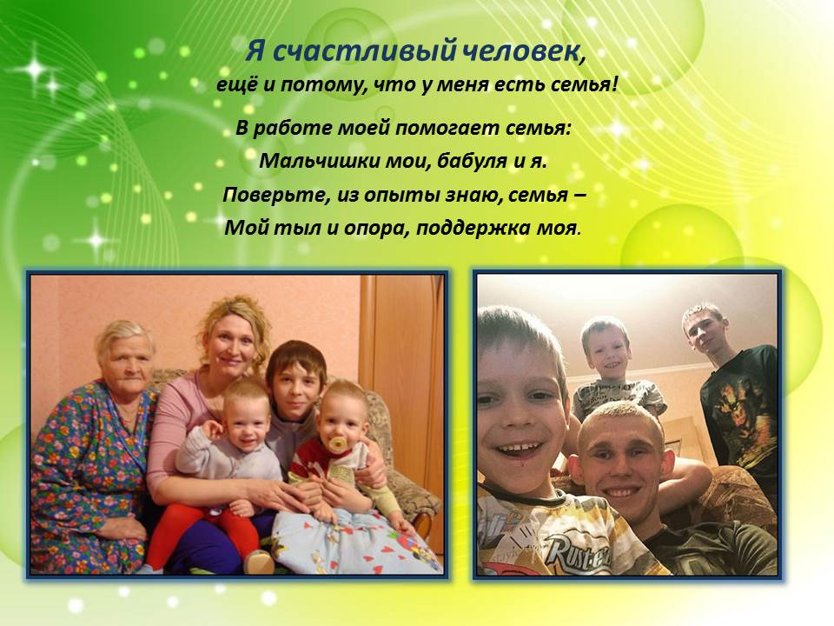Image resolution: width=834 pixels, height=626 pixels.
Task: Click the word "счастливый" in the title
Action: tap(364, 51)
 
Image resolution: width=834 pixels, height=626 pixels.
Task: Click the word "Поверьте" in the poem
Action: tap(275, 196)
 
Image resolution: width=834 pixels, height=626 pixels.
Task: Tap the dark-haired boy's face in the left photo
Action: tap(295, 386)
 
